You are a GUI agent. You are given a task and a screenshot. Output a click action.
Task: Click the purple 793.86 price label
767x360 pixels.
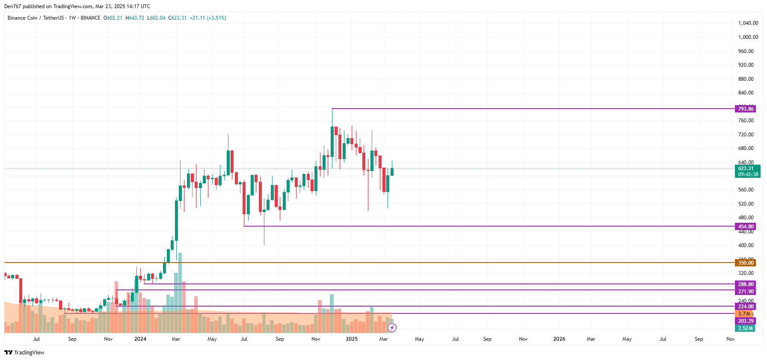click(745, 109)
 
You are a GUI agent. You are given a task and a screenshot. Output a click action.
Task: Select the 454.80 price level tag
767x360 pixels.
click(745, 227)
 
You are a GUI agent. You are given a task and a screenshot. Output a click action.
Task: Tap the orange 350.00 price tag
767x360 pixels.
click(745, 263)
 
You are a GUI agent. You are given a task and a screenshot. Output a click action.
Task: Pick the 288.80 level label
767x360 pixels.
click(745, 284)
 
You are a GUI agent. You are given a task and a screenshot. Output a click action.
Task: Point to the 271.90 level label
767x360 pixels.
click(745, 292)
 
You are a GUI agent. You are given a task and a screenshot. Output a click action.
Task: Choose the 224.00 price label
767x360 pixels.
click(745, 307)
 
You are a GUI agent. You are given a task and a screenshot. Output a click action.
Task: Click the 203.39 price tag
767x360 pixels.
click(745, 321)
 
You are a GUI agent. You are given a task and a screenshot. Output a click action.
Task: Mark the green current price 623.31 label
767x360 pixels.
click(747, 168)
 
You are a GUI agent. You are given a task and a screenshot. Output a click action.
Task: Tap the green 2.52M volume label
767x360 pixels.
click(745, 328)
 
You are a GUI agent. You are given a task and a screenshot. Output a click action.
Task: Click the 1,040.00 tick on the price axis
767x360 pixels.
click(748, 23)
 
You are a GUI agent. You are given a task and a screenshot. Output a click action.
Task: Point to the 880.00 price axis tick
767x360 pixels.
click(746, 79)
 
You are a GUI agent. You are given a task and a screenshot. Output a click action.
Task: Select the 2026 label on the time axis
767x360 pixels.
click(559, 339)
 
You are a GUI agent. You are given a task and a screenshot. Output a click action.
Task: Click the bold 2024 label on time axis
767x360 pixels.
click(140, 339)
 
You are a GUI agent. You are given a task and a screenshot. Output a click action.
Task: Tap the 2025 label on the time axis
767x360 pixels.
click(352, 339)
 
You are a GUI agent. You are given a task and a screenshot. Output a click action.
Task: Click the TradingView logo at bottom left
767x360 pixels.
click(24, 353)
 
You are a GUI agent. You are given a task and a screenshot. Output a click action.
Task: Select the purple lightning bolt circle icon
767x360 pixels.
click(392, 328)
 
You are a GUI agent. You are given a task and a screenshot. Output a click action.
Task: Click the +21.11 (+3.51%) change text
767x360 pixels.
click(208, 18)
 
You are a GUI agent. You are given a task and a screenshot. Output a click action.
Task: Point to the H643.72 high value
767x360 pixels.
click(135, 18)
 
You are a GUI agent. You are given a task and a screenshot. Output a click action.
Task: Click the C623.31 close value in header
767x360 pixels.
click(178, 18)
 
